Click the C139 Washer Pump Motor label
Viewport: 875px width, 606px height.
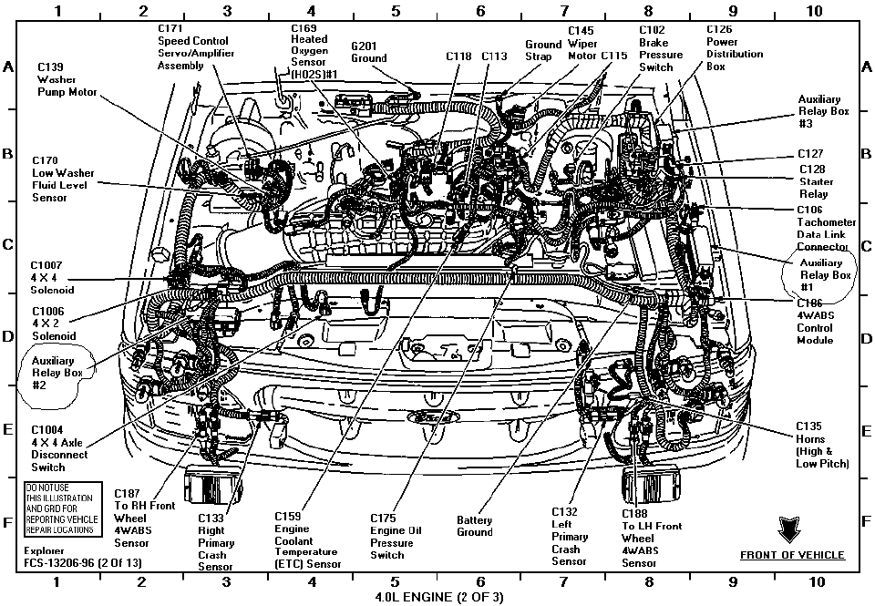click(x=64, y=79)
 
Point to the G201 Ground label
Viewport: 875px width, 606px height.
click(x=369, y=51)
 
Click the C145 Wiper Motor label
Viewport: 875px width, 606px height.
click(x=581, y=44)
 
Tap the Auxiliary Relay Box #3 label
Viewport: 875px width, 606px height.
click(x=818, y=111)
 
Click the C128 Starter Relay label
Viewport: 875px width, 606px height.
click(x=814, y=181)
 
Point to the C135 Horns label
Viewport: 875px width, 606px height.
click(x=821, y=444)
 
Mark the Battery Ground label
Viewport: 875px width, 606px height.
click(x=474, y=526)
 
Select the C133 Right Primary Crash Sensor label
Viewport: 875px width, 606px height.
click(x=216, y=543)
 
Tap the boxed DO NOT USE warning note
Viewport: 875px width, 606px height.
click(x=60, y=508)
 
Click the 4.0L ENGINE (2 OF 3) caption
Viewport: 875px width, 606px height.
click(x=437, y=597)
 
